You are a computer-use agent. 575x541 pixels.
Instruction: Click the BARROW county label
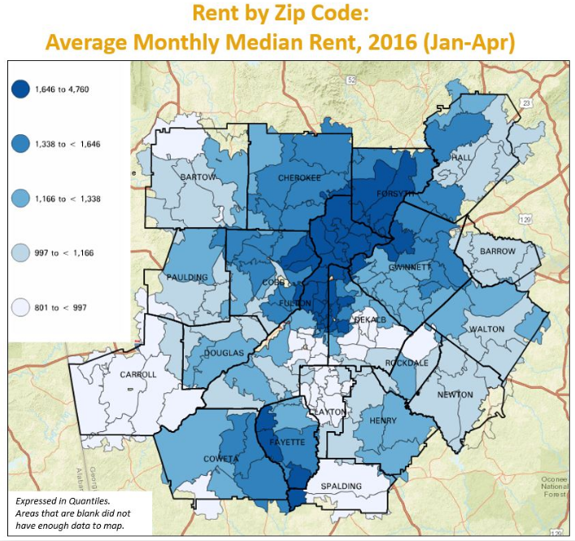pos(497,251)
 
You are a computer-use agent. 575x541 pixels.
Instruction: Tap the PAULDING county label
pos(187,277)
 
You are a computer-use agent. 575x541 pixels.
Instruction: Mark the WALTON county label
pos(487,329)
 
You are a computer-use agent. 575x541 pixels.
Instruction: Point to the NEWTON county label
pos(455,395)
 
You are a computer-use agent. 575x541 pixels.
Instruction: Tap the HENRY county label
pos(382,421)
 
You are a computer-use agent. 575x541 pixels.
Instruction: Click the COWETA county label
pos(221,459)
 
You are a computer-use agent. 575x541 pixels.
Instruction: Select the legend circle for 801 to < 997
pos(20,308)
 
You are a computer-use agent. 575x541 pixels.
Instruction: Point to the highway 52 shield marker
pos(350,80)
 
